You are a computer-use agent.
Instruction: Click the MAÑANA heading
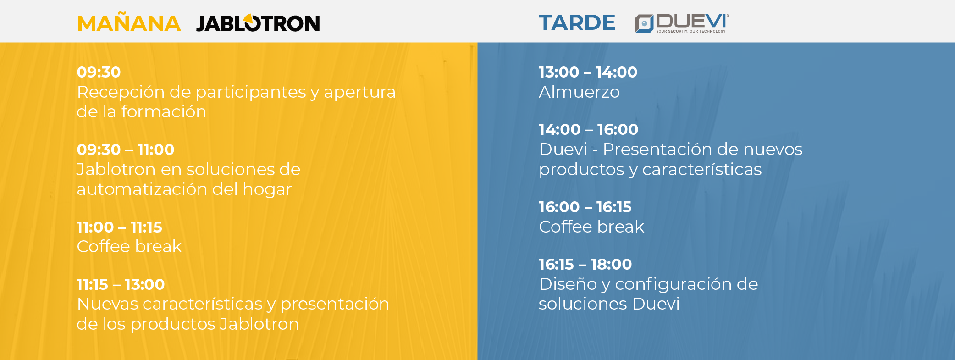pos(129,23)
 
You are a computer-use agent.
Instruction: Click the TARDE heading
pos(577,22)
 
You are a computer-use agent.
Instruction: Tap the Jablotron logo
pos(258,23)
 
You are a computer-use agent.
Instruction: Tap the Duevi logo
pos(682,23)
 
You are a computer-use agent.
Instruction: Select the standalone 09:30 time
pos(99,72)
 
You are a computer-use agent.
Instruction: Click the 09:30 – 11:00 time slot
pos(125,150)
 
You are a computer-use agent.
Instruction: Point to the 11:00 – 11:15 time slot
pos(119,227)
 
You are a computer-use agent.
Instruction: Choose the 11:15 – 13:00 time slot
pos(121,284)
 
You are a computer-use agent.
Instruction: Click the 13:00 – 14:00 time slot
pos(588,72)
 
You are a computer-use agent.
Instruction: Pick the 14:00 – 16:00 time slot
pos(588,129)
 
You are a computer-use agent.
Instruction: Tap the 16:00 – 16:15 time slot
pos(585,207)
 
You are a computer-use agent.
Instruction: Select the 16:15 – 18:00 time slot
pos(585,264)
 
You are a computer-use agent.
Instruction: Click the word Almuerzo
pos(579,92)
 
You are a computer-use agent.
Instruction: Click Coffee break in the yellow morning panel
pos(129,247)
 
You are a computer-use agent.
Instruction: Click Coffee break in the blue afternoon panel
pos(591,227)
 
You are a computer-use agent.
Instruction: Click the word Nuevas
pos(107,304)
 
